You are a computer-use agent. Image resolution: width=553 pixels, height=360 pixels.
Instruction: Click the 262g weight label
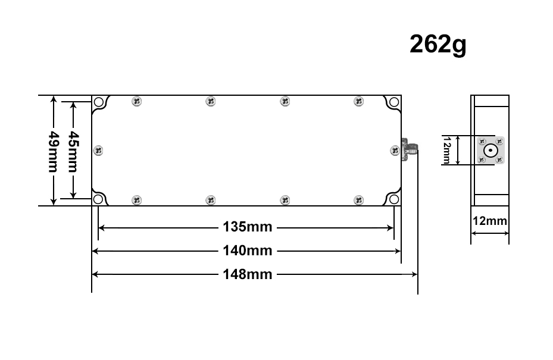click(x=438, y=45)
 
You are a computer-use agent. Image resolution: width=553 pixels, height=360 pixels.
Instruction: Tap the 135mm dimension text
click(x=248, y=227)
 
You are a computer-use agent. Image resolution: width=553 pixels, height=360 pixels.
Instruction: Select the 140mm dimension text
click(x=248, y=251)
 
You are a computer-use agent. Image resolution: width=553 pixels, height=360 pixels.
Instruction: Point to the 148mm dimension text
click(x=248, y=274)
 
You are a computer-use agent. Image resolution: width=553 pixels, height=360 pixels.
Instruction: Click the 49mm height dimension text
click(x=54, y=152)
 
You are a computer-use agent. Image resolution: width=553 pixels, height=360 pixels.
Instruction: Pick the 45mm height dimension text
click(x=74, y=152)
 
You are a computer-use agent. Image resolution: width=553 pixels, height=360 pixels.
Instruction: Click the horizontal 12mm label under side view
click(x=490, y=221)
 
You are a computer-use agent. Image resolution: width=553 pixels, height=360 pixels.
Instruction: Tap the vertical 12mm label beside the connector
click(x=446, y=151)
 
